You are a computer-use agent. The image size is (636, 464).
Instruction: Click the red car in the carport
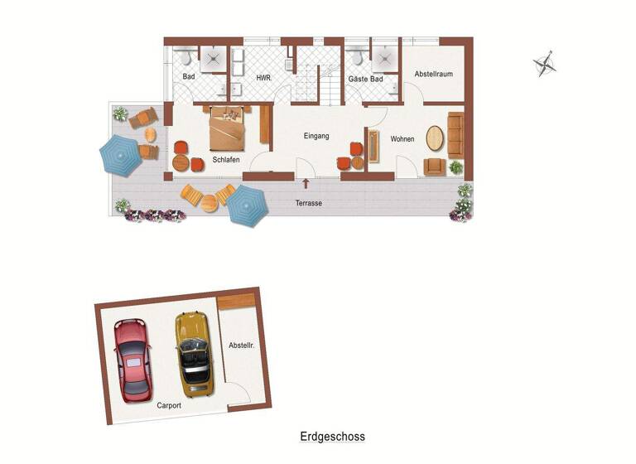tap(132, 360)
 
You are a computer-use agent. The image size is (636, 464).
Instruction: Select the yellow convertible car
tap(192, 352)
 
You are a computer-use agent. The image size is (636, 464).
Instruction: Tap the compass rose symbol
tap(544, 64)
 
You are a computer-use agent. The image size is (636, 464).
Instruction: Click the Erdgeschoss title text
tap(332, 436)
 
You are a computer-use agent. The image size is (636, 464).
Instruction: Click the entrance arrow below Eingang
tap(306, 184)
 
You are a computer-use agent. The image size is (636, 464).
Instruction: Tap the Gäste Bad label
tap(366, 78)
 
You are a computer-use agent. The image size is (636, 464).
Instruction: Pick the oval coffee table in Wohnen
tap(435, 138)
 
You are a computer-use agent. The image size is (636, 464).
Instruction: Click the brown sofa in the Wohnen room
tap(456, 133)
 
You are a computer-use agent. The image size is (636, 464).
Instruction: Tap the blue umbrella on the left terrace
tap(121, 155)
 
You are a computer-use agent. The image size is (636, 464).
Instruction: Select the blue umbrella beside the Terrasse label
tap(246, 206)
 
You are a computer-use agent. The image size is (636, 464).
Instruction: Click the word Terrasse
tap(309, 203)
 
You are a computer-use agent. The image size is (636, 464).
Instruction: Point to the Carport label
tap(170, 406)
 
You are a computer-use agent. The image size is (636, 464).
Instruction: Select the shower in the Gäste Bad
tap(384, 56)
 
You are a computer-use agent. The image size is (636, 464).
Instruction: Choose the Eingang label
tap(317, 136)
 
